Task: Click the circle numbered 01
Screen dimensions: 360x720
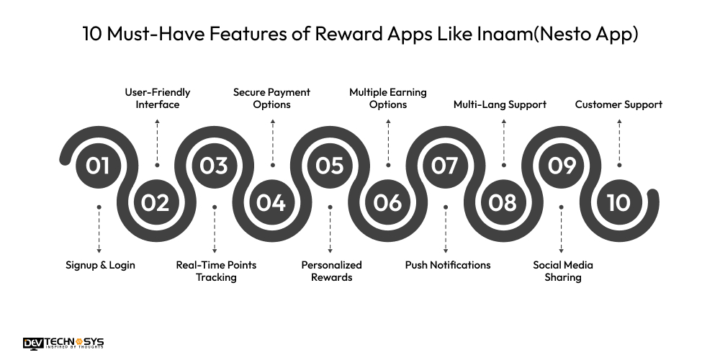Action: click(98, 166)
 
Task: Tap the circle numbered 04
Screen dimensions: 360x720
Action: click(271, 203)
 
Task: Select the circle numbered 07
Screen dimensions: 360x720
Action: click(445, 166)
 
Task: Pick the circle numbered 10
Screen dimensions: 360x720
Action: click(618, 203)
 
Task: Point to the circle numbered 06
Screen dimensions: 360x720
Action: click(387, 203)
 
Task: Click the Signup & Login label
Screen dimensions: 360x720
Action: click(100, 265)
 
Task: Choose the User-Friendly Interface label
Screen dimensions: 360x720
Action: click(158, 99)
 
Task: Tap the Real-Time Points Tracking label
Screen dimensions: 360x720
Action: click(216, 271)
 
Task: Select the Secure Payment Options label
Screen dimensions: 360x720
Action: click(271, 99)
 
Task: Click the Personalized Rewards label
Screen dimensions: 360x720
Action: click(331, 271)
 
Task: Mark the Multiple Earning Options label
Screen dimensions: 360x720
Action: click(388, 99)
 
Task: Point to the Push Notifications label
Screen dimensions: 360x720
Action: click(448, 265)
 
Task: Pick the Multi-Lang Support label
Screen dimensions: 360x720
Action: click(500, 104)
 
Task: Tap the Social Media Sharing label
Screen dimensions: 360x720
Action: click(563, 271)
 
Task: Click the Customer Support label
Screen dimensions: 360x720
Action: click(618, 104)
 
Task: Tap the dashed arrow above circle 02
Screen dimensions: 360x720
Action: click(157, 140)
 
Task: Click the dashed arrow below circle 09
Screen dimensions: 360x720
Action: click(562, 229)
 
